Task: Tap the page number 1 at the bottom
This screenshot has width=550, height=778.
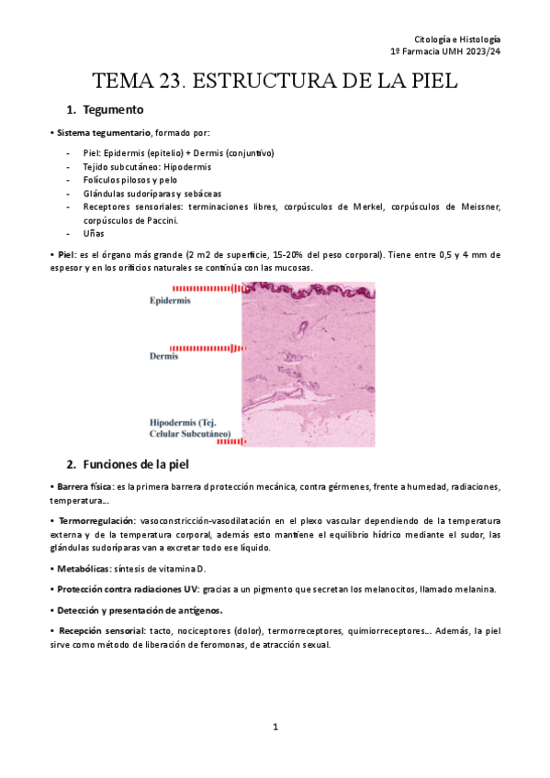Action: (275, 727)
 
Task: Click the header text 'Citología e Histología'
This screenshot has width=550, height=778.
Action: (457, 40)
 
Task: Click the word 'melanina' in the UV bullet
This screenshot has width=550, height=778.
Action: (475, 589)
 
